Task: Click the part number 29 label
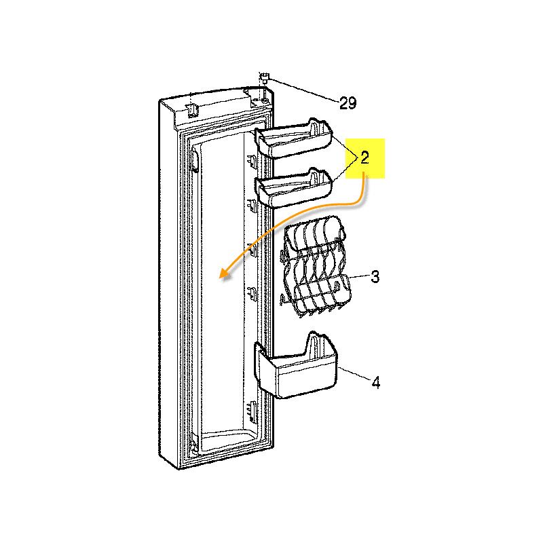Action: pyautogui.click(x=348, y=103)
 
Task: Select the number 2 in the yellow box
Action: pyautogui.click(x=364, y=158)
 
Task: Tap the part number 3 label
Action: pyautogui.click(x=375, y=277)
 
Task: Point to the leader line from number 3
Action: pyautogui.click(x=359, y=278)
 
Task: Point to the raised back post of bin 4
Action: pyautogui.click(x=315, y=343)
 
